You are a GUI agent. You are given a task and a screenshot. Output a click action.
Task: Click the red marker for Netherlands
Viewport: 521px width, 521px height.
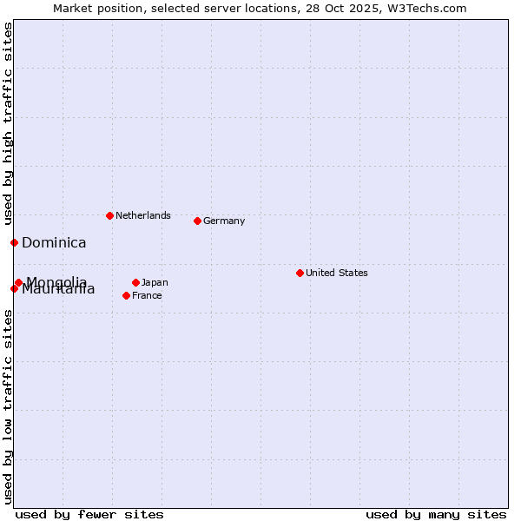click(x=109, y=215)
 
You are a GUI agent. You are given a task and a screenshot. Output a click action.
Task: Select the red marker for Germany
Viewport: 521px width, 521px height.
click(x=197, y=221)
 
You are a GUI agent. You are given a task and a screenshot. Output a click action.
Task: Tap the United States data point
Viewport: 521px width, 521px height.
click(x=300, y=273)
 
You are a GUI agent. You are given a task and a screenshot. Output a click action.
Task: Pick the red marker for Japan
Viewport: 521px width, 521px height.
click(x=135, y=282)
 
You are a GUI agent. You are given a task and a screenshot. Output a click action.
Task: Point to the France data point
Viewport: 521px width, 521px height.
click(x=126, y=295)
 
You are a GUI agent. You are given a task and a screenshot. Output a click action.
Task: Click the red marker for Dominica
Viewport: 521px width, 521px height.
click(x=14, y=242)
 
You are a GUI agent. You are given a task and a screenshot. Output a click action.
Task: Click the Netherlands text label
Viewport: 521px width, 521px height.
click(x=143, y=215)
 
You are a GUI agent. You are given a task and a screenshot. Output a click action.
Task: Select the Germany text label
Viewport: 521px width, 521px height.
click(x=224, y=221)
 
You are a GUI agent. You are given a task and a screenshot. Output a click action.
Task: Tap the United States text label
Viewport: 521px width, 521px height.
click(x=337, y=273)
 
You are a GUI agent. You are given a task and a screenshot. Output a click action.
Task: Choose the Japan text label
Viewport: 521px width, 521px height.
click(x=155, y=282)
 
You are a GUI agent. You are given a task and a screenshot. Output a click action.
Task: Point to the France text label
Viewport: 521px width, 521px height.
click(x=147, y=295)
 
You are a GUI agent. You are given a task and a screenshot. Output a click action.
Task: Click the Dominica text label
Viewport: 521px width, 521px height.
click(x=54, y=242)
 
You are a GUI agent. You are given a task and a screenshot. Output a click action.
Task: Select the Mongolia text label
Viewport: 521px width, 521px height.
click(x=57, y=281)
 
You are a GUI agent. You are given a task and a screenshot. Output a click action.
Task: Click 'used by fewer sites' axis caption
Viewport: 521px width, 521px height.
click(x=89, y=514)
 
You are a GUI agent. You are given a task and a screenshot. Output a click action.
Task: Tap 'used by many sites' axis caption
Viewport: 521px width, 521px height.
click(x=436, y=514)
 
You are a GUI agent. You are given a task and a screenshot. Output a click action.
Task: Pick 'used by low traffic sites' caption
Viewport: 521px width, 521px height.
click(x=8, y=406)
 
